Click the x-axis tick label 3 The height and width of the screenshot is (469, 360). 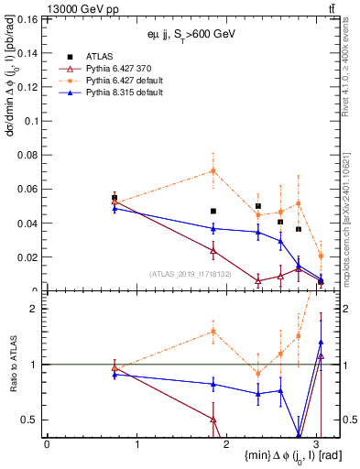click(317, 444)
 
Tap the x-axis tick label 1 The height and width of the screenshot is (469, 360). click(136, 444)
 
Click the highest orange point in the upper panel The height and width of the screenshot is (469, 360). click(213, 170)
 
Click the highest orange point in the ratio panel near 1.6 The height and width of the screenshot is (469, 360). click(213, 332)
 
